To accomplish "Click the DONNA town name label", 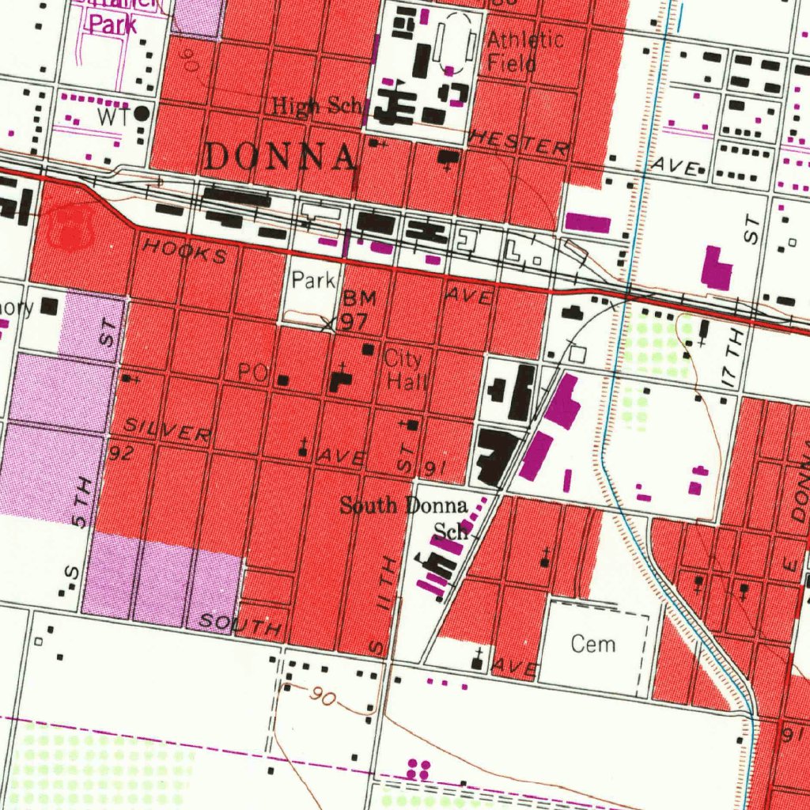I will [279, 157].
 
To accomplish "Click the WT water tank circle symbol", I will [142, 114].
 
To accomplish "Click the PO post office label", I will [252, 373].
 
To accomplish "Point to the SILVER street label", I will [168, 430].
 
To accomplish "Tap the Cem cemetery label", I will [593, 644].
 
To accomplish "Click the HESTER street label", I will [518, 144].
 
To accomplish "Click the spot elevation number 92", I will [120, 452].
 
